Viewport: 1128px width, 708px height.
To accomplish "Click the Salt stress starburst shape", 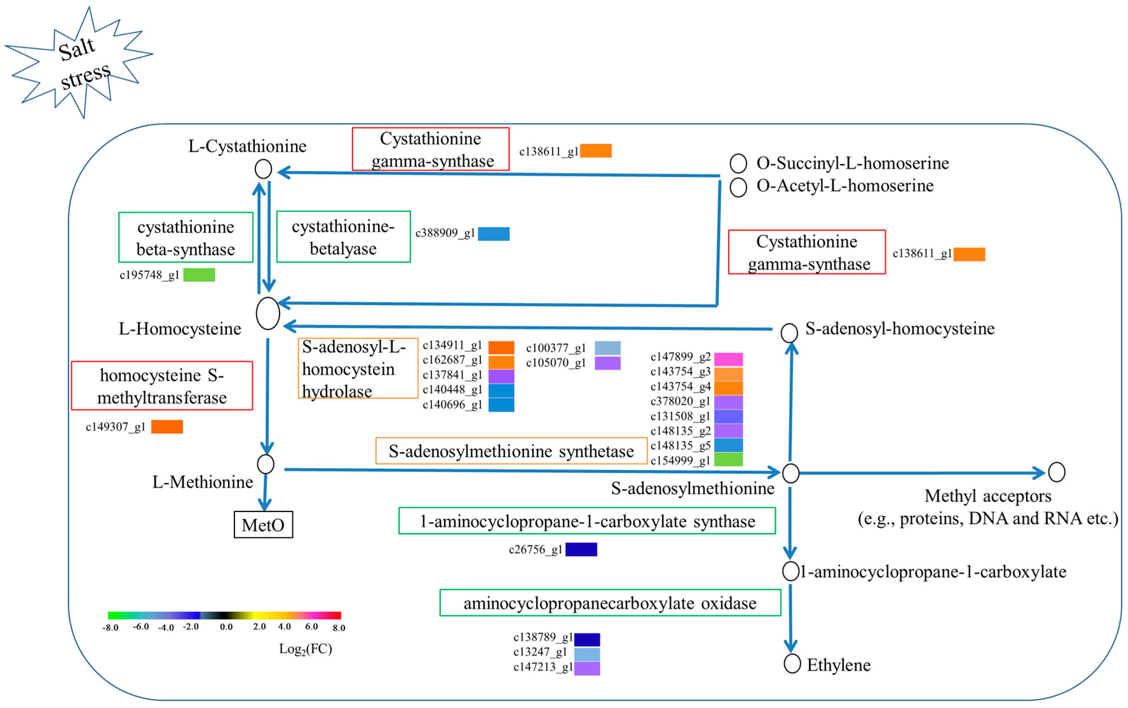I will point(80,63).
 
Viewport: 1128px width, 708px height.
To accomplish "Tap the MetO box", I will point(263,524).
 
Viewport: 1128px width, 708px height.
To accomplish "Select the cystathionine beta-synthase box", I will point(186,237).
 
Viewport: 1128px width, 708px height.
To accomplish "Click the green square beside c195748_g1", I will point(199,274).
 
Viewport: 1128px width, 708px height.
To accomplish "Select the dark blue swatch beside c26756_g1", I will point(581,549).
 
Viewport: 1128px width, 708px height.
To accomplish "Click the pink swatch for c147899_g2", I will point(728,359).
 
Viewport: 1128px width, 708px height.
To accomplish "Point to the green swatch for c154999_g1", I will point(728,459).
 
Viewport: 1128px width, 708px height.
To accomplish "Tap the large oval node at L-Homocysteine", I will point(267,313).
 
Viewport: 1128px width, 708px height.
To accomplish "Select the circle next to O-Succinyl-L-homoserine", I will point(738,163).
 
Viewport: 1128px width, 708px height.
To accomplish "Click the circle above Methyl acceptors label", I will point(1056,472).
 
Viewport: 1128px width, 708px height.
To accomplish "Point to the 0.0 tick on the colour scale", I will point(226,626).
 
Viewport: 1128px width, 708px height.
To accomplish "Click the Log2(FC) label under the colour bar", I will point(305,649).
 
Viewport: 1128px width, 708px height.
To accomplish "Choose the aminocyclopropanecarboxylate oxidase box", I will point(610,603).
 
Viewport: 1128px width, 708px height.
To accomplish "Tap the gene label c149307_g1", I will point(115,427).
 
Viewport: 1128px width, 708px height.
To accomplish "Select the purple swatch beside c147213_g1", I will point(587,668).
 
